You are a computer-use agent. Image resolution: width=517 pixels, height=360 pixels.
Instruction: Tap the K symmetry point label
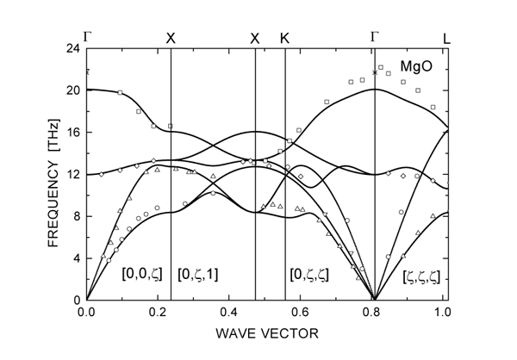pyautogui.click(x=285, y=39)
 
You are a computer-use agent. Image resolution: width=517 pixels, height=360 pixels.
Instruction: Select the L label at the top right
pyautogui.click(x=446, y=39)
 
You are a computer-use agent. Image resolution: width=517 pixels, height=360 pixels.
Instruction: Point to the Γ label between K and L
pyautogui.click(x=375, y=37)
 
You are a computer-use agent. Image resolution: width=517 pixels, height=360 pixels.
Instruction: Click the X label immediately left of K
pyautogui.click(x=254, y=39)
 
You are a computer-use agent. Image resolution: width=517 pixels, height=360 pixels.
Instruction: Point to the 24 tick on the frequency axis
pyautogui.click(x=72, y=48)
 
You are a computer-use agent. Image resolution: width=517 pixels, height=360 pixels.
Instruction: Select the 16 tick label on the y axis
pyautogui.click(x=72, y=133)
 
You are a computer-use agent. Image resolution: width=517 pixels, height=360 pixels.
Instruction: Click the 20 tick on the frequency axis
pyautogui.click(x=72, y=90)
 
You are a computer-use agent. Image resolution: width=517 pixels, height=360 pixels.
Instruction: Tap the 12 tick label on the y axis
pyautogui.click(x=72, y=175)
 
